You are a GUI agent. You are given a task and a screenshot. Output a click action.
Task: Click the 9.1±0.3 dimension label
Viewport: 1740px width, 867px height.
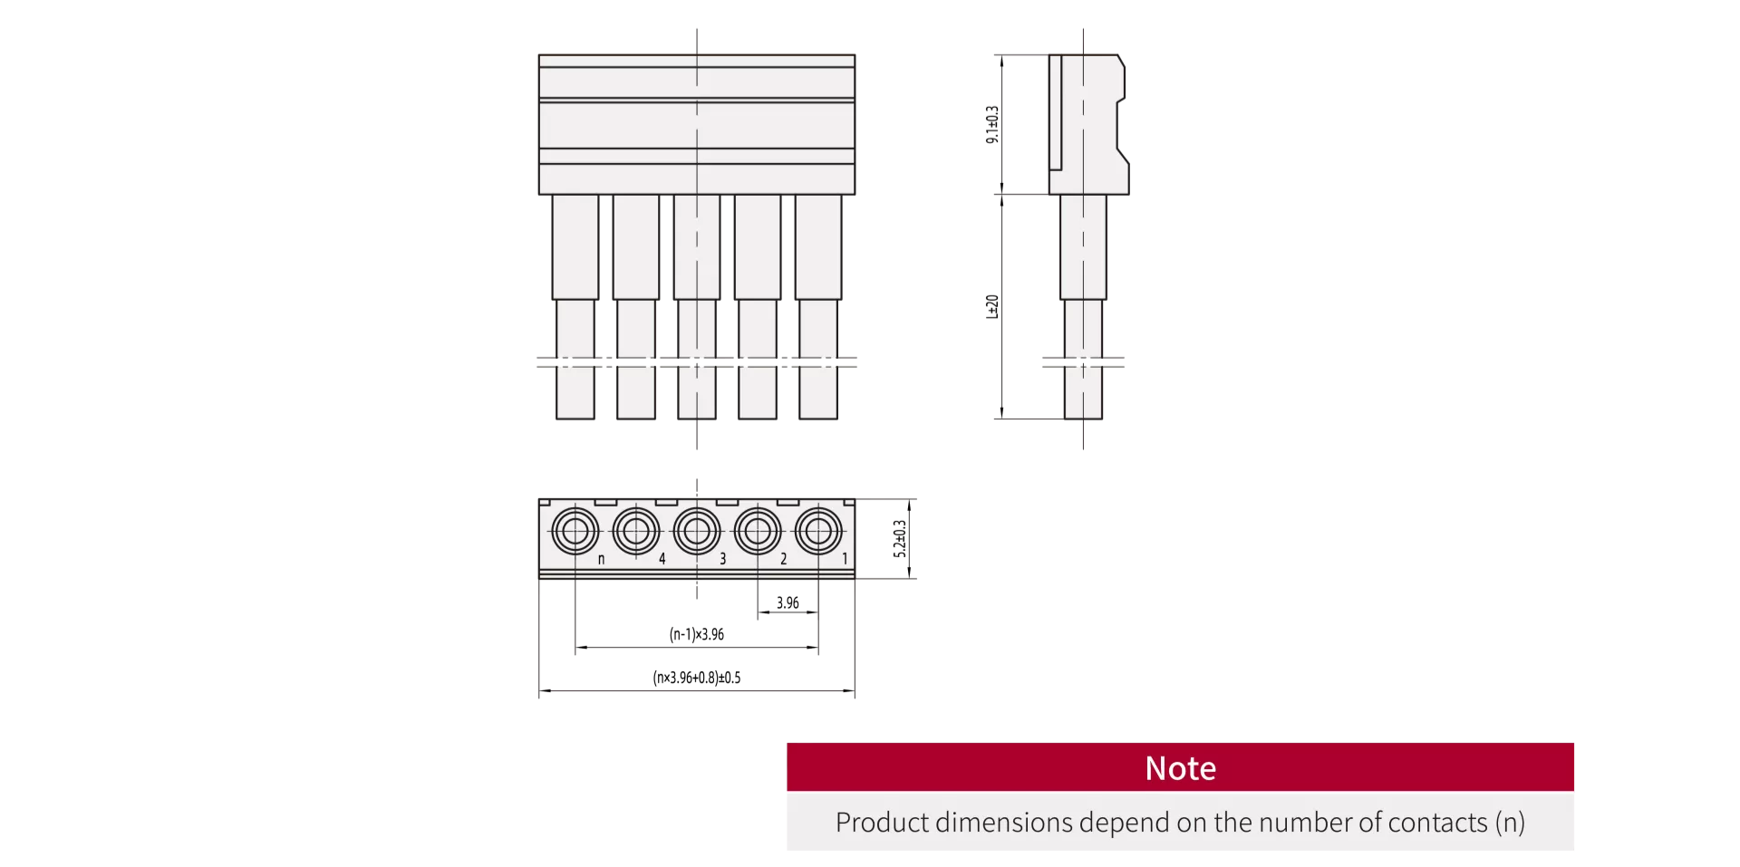tap(992, 124)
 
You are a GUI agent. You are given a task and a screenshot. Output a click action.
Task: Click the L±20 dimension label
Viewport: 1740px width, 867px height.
tap(992, 306)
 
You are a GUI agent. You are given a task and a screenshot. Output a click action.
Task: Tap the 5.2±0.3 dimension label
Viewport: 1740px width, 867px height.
tap(900, 538)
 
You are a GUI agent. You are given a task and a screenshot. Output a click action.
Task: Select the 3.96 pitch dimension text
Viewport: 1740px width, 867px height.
tap(788, 602)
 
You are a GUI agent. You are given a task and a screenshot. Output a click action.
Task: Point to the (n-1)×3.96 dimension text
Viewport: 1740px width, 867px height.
tap(697, 634)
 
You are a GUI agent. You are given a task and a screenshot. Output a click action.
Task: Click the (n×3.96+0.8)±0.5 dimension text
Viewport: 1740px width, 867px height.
tap(697, 678)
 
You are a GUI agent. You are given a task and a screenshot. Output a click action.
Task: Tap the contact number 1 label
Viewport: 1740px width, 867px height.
tap(845, 559)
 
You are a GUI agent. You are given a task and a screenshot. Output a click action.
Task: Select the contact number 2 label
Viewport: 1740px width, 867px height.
tap(784, 559)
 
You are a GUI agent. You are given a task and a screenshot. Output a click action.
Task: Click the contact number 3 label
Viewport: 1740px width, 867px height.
tap(722, 559)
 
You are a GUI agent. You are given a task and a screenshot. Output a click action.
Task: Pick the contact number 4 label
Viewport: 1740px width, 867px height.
tap(662, 559)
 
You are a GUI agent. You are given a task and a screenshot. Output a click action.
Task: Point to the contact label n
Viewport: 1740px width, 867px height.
tap(601, 560)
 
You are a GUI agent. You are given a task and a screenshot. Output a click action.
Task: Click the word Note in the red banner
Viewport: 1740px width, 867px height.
tap(1180, 768)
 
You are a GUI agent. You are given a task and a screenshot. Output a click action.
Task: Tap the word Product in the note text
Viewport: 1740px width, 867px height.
tap(882, 823)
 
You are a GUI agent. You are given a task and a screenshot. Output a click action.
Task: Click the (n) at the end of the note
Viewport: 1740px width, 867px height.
tap(1511, 823)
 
